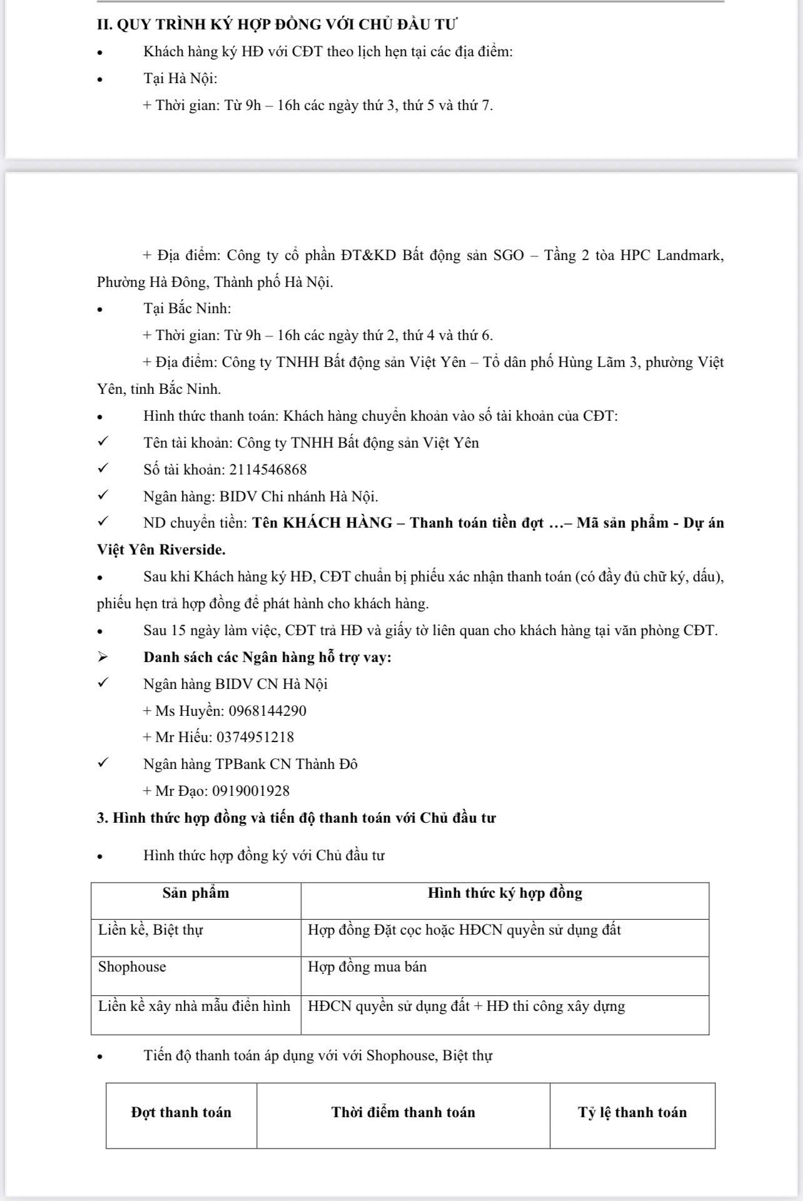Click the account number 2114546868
tap(268, 470)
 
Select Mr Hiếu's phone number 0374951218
tap(255, 737)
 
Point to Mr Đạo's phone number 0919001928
tap(251, 791)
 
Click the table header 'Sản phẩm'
tap(196, 893)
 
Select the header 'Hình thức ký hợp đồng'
tap(505, 893)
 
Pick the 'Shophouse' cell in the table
tap(132, 967)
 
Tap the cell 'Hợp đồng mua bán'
tap(367, 967)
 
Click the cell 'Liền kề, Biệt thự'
tap(151, 930)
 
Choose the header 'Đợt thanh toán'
tap(181, 1112)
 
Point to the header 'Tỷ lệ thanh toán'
tap(632, 1112)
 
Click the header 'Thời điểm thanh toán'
tap(403, 1112)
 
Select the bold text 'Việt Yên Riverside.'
tap(161, 550)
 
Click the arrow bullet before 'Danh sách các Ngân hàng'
tap(103, 657)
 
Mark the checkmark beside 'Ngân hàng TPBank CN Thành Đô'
tap(103, 763)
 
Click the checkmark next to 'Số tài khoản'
tap(103, 469)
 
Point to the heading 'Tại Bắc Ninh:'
tap(187, 309)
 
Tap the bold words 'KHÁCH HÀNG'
tap(338, 523)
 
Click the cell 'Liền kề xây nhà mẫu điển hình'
tap(194, 1007)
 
